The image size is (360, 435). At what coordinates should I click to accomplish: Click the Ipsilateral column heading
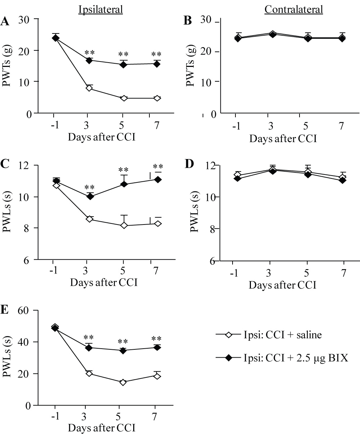101,10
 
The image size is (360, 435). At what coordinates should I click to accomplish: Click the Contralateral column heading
294,10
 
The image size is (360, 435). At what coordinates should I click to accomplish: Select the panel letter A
5,22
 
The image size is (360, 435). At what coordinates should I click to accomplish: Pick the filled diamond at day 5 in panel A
123,65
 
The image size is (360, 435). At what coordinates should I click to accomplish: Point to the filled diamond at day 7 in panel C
157,179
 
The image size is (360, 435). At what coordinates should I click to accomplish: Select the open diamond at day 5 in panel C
123,226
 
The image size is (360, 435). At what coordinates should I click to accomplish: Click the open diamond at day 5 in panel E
123,382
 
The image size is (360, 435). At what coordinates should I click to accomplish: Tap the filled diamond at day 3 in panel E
89,348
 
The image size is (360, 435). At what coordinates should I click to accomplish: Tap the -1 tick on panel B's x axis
235,126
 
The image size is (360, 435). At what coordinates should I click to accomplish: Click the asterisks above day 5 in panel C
123,169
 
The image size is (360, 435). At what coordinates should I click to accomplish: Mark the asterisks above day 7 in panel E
156,338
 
